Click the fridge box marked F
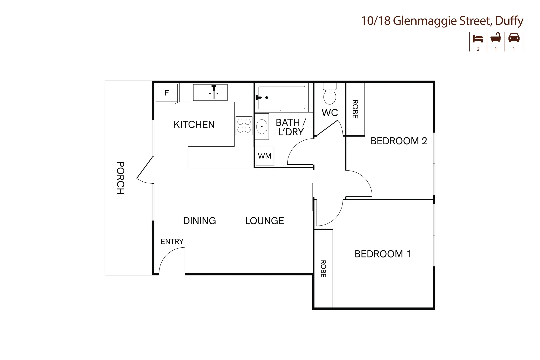(167, 93)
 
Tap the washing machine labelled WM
(265, 156)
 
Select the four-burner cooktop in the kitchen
(244, 125)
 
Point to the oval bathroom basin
(262, 126)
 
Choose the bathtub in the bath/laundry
(282, 98)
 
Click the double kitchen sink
(210, 93)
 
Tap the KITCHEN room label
(194, 125)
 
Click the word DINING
(199, 221)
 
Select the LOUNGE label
(265, 221)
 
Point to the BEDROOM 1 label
(382, 254)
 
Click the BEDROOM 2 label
(399, 141)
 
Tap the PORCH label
(120, 178)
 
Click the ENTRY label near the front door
(172, 241)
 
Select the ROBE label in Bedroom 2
(355, 109)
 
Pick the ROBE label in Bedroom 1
(323, 269)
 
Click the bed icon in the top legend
(478, 38)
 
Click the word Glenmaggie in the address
(425, 21)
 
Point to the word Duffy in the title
(509, 21)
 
